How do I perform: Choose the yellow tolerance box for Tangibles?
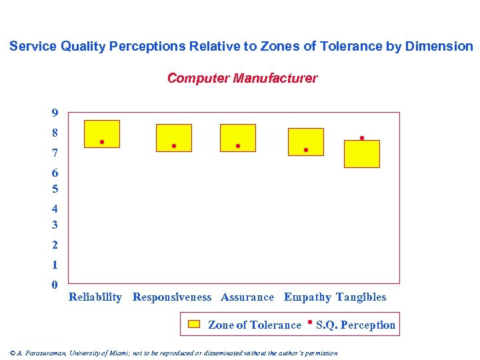tap(362, 155)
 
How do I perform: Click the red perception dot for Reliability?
tap(102, 142)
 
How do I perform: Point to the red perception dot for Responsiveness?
tap(173, 146)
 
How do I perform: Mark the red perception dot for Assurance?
tap(238, 146)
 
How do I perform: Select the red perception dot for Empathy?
tap(306, 150)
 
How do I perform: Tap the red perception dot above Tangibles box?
tap(362, 138)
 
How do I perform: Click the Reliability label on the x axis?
tap(95, 297)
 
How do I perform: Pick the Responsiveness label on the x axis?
tap(172, 297)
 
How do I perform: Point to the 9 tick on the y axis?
tap(55, 113)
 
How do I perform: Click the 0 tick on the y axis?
tap(55, 285)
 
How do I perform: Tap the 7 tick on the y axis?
tap(55, 154)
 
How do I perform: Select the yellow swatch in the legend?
tap(194, 325)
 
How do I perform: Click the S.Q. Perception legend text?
tap(355, 325)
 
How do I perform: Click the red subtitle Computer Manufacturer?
tap(242, 79)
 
